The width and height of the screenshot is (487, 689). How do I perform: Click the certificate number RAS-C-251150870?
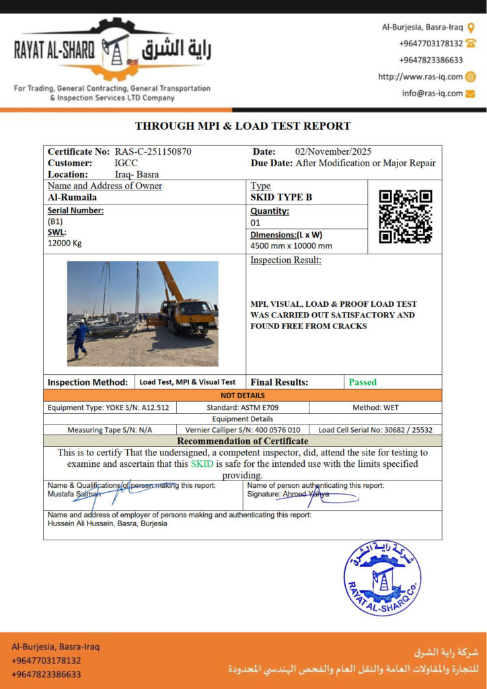click(x=153, y=152)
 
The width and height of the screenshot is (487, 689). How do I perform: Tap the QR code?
click(x=405, y=217)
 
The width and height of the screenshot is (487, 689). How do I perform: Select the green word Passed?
click(x=363, y=382)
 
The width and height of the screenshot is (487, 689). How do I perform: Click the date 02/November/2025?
click(x=333, y=152)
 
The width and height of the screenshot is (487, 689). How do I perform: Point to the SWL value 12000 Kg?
click(x=65, y=243)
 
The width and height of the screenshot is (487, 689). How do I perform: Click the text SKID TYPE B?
click(x=281, y=198)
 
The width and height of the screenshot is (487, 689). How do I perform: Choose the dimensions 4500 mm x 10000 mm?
click(x=291, y=246)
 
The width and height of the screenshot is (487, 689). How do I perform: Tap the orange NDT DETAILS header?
click(x=243, y=396)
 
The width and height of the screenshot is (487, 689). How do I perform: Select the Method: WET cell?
click(x=375, y=408)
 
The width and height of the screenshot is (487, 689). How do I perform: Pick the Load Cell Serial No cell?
click(x=375, y=429)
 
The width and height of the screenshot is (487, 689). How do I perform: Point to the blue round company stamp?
click(x=382, y=577)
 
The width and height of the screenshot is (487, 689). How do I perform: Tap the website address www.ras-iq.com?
click(x=420, y=77)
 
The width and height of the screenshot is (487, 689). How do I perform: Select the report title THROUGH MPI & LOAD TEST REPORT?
click(x=243, y=126)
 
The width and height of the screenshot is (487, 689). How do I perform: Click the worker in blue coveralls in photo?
click(x=80, y=338)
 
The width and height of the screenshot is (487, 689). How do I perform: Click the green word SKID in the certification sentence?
click(x=200, y=464)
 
